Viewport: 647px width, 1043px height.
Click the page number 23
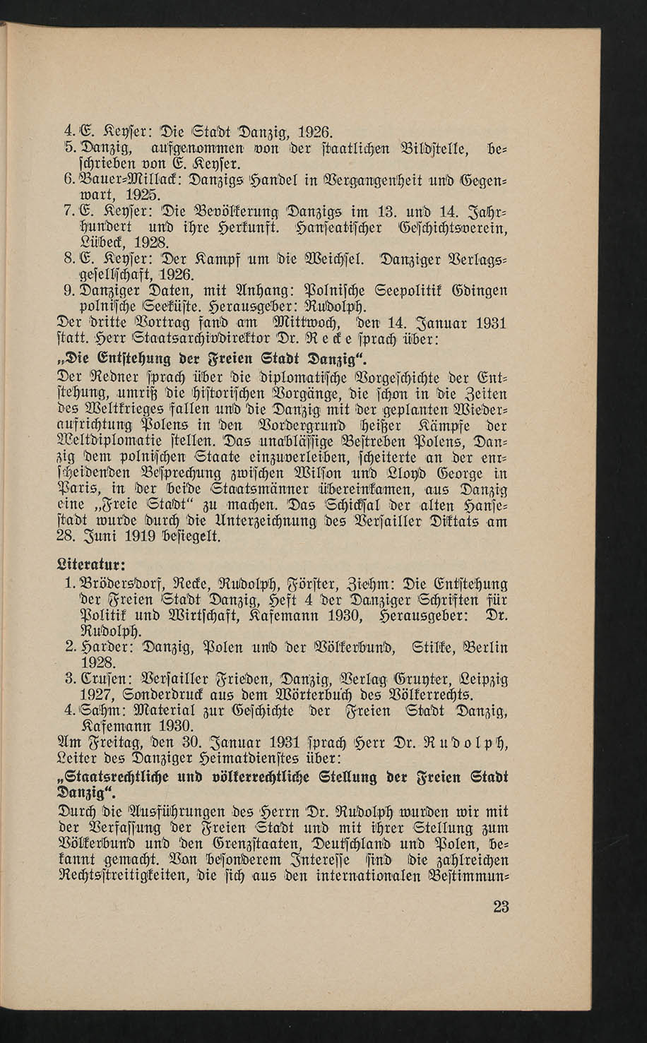(501, 907)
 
